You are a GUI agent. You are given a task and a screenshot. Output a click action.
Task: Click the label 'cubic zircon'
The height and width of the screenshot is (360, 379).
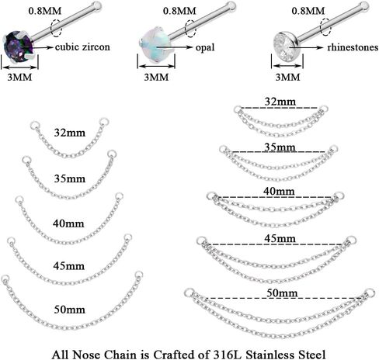pos(82,47)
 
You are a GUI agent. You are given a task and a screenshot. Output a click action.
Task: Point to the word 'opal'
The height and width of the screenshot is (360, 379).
pos(205,47)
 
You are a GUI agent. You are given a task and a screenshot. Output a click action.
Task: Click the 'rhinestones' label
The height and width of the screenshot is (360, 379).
pos(353,47)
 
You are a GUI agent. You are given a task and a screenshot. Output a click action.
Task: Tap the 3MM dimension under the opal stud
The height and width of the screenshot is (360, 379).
pos(156,77)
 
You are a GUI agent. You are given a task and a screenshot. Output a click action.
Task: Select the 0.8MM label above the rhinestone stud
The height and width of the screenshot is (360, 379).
pos(308,11)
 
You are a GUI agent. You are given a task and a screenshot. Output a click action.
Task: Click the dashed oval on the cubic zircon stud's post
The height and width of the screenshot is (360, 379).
pos(56,28)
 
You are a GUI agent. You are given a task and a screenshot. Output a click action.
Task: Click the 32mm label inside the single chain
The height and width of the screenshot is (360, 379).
pos(70,133)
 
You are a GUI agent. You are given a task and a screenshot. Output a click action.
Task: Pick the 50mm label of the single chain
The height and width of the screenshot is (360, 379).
pos(70,310)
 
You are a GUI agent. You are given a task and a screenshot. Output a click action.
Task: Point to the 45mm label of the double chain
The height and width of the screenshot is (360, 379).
pos(280,238)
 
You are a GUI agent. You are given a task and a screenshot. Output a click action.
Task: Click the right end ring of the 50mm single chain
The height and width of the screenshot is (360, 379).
pos(138,275)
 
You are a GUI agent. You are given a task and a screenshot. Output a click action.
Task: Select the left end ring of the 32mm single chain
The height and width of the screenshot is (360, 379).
pos(34,126)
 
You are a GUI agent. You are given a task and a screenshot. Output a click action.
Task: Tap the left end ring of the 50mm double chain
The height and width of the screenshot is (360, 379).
pos(189,292)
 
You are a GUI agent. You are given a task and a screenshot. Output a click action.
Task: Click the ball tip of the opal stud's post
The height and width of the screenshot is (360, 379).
pos(231,5)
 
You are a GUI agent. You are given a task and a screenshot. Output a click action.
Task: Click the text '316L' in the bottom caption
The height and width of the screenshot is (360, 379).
pos(227,355)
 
